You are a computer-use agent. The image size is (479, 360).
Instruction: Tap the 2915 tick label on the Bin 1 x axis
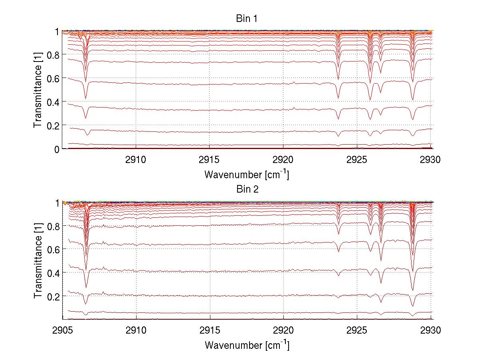coord(210,160)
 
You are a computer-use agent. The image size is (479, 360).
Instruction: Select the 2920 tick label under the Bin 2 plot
coord(283,331)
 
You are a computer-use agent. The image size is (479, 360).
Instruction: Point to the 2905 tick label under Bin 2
coord(63,331)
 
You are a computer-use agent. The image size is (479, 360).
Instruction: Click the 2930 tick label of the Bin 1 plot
coord(430,160)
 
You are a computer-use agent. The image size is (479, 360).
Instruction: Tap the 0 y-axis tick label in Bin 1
coord(57,149)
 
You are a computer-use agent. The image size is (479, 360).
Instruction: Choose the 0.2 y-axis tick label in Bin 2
coord(53,296)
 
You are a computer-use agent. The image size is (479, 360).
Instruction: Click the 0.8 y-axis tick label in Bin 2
coord(53,226)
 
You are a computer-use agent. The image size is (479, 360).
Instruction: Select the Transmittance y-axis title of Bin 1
coord(38,90)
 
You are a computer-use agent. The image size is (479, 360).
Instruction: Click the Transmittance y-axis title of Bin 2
coord(38,261)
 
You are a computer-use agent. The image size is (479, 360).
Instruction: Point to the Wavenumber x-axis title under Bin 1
coord(247,174)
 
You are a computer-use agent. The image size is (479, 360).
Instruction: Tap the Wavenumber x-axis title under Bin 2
coord(247,345)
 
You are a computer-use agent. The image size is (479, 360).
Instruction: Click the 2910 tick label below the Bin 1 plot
coord(137,160)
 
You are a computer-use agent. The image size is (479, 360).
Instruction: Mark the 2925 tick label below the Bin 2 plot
coord(357,331)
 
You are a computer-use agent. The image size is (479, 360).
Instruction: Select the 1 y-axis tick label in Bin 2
coord(57,203)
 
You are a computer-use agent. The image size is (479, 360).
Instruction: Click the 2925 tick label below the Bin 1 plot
coord(357,160)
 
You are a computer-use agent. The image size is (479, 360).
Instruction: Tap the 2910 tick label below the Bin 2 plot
coord(137,331)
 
